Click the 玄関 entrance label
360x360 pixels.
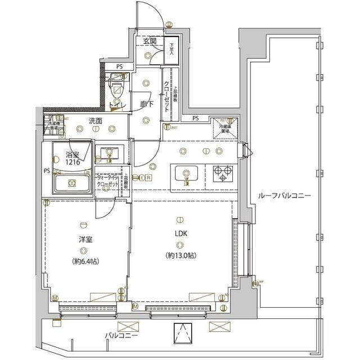click(x=149, y=42)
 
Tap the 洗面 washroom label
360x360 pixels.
click(x=94, y=120)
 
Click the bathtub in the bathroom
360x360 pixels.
click(x=71, y=183)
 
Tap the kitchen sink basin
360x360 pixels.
click(x=186, y=174)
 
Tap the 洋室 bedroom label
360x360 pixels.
click(x=85, y=240)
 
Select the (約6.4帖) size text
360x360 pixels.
click(x=85, y=261)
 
